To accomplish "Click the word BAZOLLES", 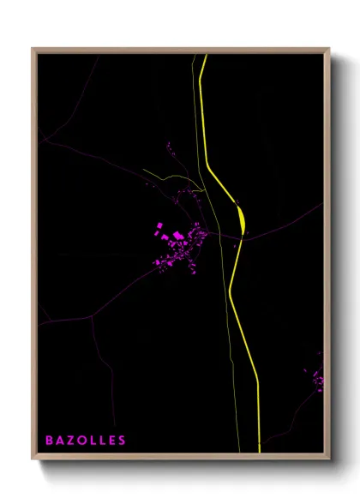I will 86,440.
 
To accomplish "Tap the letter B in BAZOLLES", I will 49,440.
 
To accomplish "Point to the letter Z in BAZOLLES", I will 71,440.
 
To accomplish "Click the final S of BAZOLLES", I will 122,440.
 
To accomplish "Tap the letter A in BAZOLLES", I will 60,440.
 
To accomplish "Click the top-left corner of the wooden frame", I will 33,49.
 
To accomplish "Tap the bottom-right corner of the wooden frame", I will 329,460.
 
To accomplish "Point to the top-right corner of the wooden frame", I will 329,49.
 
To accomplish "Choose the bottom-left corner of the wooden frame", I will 33,460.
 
